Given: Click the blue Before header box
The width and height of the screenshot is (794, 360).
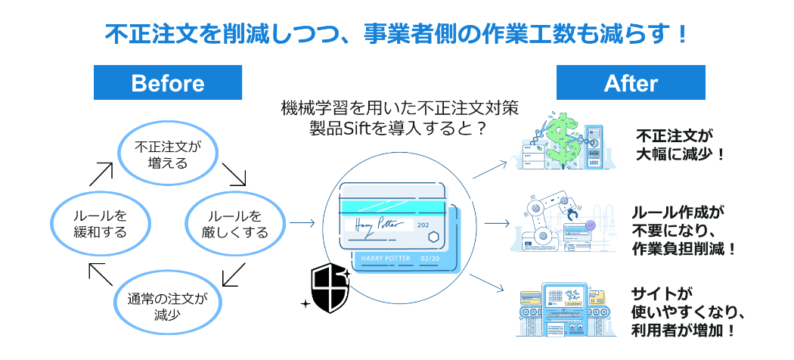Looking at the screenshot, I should (167, 82).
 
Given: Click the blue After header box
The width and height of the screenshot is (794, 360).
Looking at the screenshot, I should (631, 82).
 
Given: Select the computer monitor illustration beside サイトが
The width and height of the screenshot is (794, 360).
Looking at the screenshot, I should (563, 305).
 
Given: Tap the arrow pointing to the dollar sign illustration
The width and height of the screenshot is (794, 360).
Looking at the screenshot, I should (491, 168).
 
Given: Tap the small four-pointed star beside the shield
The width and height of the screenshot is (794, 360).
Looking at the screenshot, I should (305, 303).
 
